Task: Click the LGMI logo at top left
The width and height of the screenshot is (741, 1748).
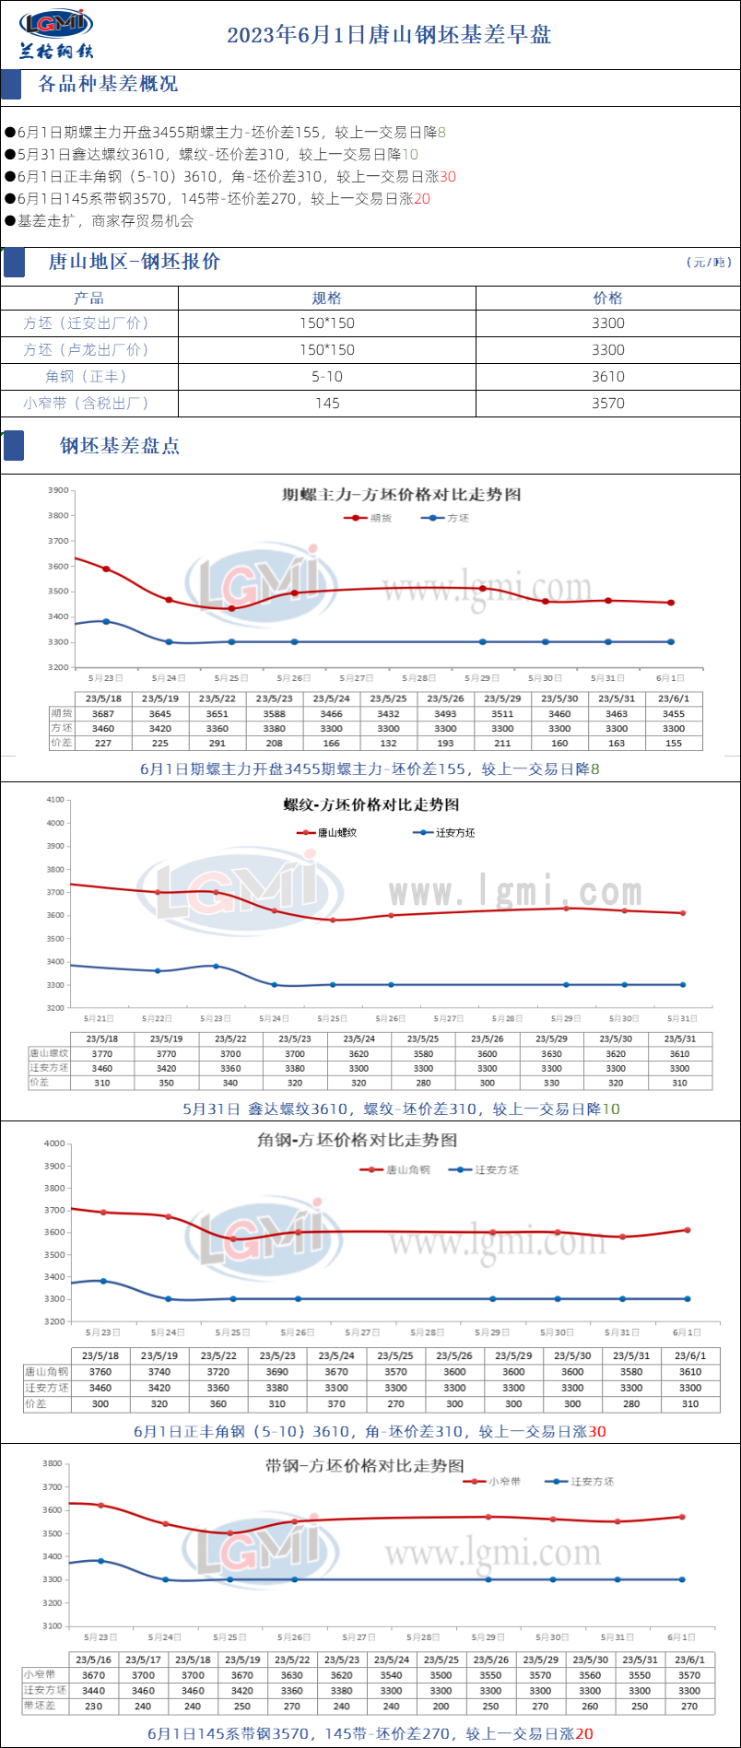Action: pos(56,33)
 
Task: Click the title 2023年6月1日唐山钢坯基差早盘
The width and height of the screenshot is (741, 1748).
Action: pos(389,35)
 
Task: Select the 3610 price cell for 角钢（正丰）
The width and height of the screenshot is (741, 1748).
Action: pos(608,376)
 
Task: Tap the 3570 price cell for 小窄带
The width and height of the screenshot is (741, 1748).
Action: pos(608,403)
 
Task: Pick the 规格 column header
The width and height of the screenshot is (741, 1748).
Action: pos(327,298)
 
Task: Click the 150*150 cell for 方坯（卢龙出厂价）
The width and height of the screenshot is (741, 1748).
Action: pos(327,350)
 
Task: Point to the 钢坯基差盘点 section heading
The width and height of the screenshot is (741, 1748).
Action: pos(120,446)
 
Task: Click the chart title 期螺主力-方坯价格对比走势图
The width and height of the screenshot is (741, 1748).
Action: pos(401,495)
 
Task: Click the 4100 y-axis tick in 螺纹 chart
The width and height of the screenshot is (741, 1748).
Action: pos(54,800)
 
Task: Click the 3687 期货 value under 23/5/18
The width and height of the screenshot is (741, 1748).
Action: pos(103,713)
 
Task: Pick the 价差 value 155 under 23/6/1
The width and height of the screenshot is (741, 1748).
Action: pos(674,743)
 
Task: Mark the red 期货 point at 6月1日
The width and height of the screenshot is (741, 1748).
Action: pos(671,603)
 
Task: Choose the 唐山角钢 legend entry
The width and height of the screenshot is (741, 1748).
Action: pos(407,1169)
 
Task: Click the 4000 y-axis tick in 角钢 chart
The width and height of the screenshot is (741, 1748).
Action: pos(54,1144)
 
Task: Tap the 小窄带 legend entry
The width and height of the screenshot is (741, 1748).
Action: pos(504,1482)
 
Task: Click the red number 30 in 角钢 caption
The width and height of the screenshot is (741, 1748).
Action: pos(597,1431)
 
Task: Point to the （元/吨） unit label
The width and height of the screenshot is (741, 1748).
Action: pos(709,263)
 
